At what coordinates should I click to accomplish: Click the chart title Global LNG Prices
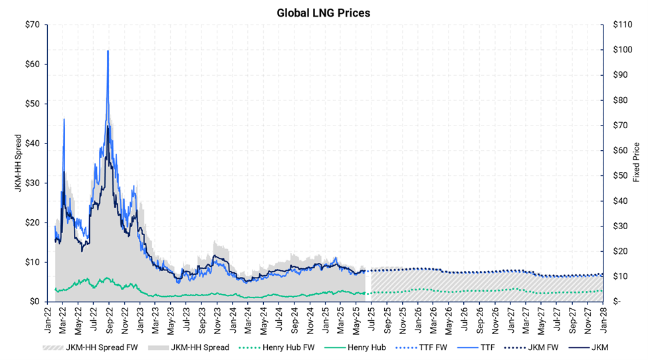(x=324, y=12)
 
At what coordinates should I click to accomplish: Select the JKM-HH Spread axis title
(x=18, y=163)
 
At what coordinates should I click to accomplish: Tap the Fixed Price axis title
(x=636, y=162)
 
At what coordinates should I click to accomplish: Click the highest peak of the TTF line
(x=108, y=50)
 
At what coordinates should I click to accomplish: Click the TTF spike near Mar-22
(x=64, y=119)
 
